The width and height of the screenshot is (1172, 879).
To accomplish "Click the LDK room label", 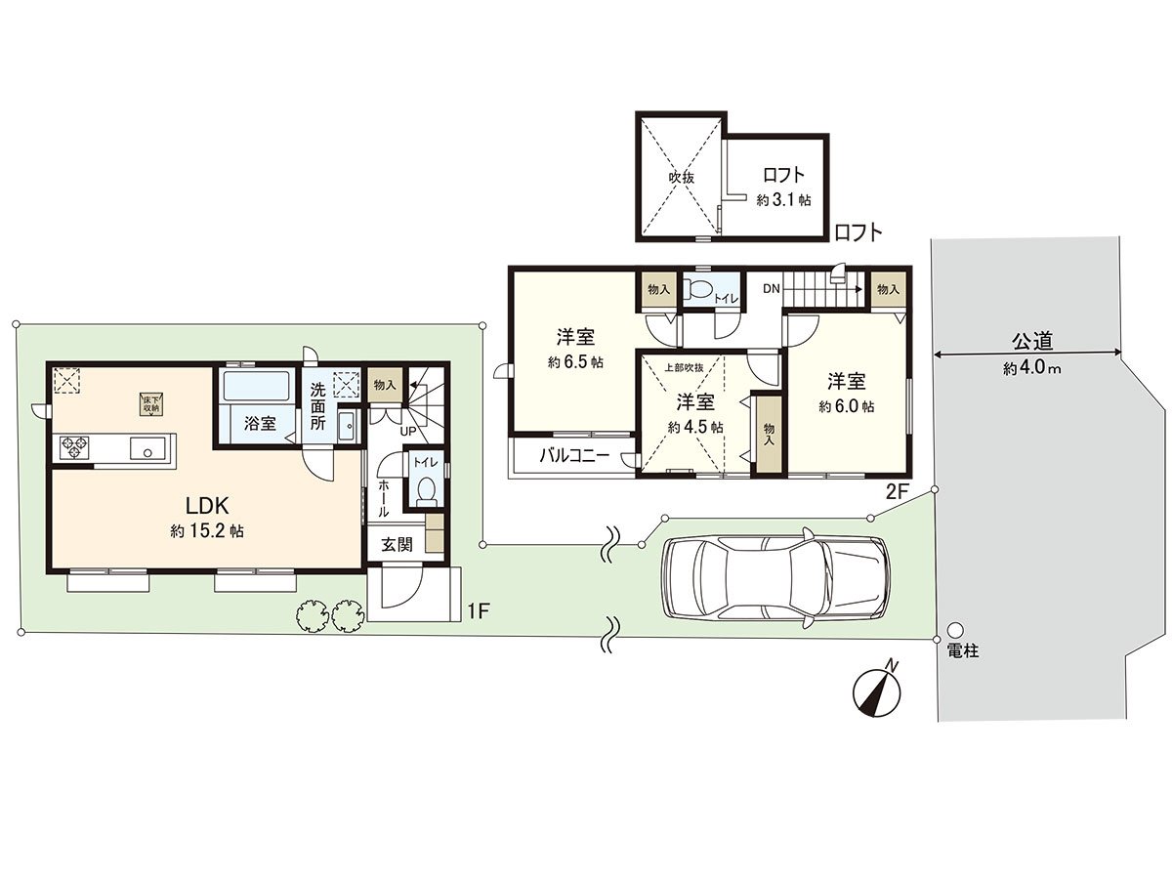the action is pos(207,504).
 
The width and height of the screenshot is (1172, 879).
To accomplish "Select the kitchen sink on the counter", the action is pos(146,447).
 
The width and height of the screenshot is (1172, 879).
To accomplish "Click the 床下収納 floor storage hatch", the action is pos(151,404).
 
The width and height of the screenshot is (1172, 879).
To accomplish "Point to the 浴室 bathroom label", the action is pos(260,424).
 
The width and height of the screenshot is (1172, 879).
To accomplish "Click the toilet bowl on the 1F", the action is pos(426,489).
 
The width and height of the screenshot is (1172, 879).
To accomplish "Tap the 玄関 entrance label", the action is pos(397,545).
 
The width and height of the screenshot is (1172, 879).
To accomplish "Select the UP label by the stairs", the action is pos(407,432).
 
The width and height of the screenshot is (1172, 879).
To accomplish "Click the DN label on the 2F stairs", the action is pos(771,289).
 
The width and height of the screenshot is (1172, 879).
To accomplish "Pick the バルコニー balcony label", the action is pos(574,456).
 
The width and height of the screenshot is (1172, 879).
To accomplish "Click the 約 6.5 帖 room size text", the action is pos(575,362).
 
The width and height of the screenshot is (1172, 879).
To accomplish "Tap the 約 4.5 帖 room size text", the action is pos(695,428).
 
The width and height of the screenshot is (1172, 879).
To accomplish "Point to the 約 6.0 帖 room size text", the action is pos(847,406).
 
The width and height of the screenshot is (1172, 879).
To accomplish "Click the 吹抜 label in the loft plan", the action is pos(682,178).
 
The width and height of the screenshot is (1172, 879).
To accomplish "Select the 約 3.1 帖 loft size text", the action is pos(783,200).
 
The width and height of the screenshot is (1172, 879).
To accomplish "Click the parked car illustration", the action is pos(775,578).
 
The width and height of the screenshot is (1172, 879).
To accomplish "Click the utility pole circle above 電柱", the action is pos(955,630).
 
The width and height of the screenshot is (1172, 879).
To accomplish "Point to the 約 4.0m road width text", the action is pos(1031,369).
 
